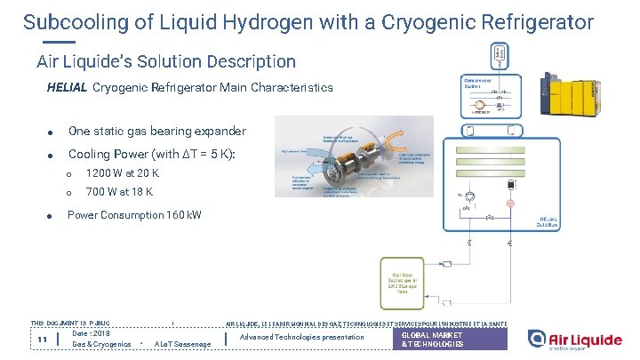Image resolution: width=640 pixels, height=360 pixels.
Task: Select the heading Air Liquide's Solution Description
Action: pos(166,61)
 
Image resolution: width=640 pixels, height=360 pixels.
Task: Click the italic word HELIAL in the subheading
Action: pos(67,88)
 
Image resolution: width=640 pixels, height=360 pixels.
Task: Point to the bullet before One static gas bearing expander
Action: pos(52,132)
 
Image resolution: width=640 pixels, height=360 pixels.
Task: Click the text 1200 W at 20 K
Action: pos(122,172)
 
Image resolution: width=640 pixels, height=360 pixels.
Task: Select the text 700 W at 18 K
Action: pos(119,191)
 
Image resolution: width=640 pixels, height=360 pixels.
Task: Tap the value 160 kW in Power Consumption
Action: pos(184,215)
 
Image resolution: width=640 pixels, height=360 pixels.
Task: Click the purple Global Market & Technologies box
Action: pos(451,339)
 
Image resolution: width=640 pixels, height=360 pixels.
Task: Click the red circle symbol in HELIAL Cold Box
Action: pos(510,204)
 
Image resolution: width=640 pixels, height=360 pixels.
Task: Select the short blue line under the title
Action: pos(58,42)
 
